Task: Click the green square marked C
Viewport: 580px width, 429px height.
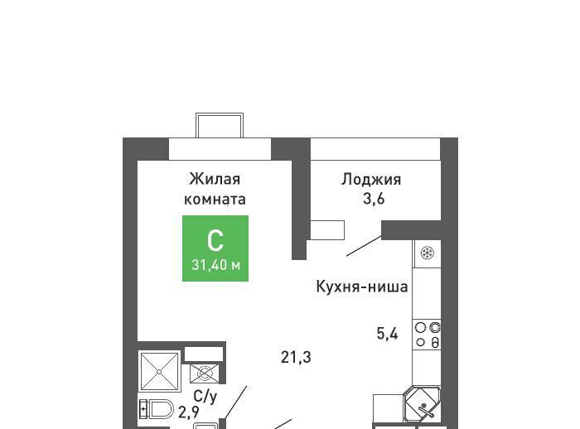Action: pyautogui.click(x=215, y=248)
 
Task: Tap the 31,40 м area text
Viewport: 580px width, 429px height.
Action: pyautogui.click(x=216, y=265)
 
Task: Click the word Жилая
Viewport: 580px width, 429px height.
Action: pyautogui.click(x=215, y=179)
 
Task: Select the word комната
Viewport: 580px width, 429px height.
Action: pyautogui.click(x=215, y=200)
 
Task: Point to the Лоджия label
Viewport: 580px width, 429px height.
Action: pyautogui.click(x=371, y=180)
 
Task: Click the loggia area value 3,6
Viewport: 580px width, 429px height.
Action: pyautogui.click(x=374, y=199)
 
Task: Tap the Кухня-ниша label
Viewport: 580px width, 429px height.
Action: pyautogui.click(x=362, y=287)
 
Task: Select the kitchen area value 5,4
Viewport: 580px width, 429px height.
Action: pyautogui.click(x=387, y=334)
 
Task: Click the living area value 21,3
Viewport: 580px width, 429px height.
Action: pyautogui.click(x=296, y=357)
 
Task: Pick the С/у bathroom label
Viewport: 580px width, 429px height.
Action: pyautogui.click(x=205, y=397)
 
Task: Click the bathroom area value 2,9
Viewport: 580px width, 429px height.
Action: pyautogui.click(x=189, y=412)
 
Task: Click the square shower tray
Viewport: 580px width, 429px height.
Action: pyautogui.click(x=159, y=371)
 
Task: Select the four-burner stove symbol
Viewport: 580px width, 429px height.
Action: pyautogui.click(x=427, y=335)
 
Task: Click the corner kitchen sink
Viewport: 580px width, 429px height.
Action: pyautogui.click(x=423, y=406)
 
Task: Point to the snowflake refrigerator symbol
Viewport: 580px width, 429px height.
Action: pyautogui.click(x=428, y=253)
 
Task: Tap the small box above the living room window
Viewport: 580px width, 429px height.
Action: pyautogui.click(x=220, y=125)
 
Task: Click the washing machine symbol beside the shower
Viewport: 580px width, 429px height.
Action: pyautogui.click(x=204, y=374)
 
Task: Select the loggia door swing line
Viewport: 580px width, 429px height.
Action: pyautogui.click(x=364, y=246)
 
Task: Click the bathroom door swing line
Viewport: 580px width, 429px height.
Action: pyautogui.click(x=235, y=402)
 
